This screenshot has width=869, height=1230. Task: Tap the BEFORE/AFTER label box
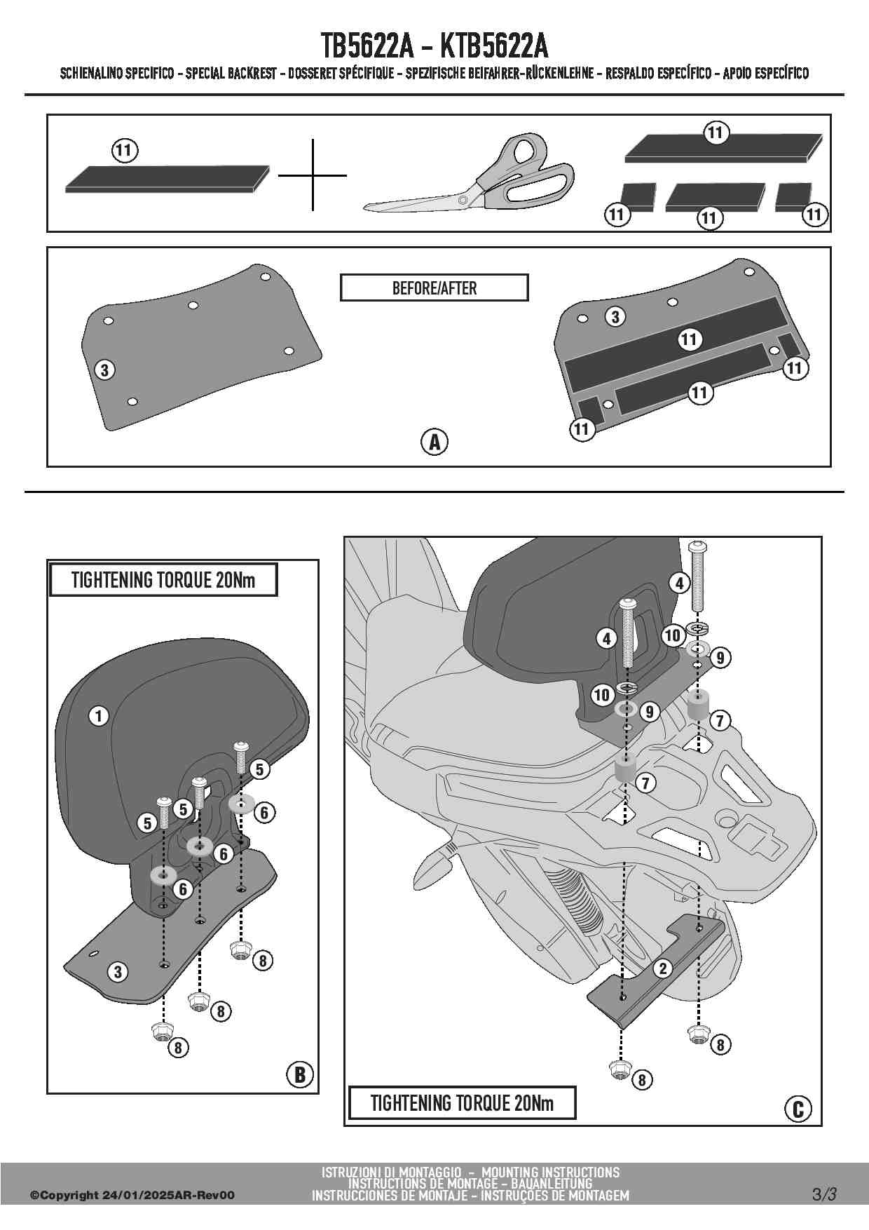434,288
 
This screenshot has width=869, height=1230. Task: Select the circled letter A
434,442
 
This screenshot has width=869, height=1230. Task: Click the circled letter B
300,1074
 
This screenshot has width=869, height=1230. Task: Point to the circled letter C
798,1109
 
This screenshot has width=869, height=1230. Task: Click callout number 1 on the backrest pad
99,716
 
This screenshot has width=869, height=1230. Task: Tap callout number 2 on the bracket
662,968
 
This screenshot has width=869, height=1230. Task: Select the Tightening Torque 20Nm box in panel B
163,580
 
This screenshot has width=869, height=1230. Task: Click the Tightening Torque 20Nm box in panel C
462,1102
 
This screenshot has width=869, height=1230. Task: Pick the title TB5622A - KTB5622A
434,46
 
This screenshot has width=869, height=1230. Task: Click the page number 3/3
824,1194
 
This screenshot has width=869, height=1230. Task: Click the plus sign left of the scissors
313,175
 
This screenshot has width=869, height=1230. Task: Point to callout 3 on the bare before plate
104,370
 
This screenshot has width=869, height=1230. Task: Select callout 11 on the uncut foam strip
123,149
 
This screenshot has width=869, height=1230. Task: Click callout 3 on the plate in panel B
118,971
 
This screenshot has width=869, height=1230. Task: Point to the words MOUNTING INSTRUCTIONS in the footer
551,1172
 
